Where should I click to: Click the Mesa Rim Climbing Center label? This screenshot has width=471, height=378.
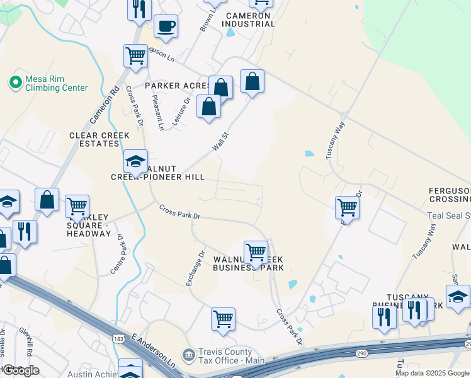[x=56, y=83]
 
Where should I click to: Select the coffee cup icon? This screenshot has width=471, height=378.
[x=166, y=26]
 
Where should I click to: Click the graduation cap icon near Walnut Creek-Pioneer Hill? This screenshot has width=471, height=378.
[x=135, y=163]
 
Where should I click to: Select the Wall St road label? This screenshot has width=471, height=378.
[x=220, y=141]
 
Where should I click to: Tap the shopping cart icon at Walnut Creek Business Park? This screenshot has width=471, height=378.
[x=256, y=252]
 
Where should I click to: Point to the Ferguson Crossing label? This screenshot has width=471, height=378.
[x=449, y=195]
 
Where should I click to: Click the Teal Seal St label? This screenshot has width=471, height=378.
[x=449, y=215]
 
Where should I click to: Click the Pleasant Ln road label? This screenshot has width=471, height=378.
[x=157, y=112]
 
